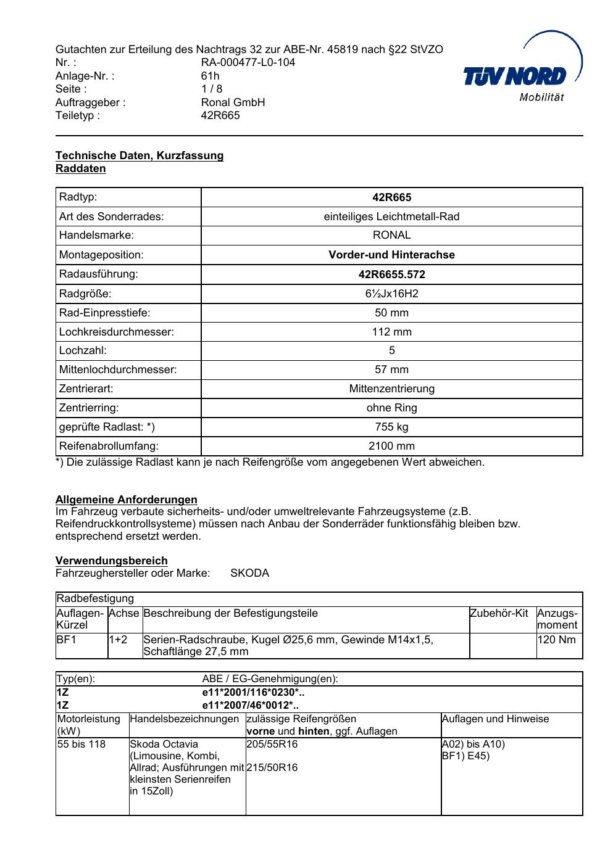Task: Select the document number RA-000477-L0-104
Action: coord(248,62)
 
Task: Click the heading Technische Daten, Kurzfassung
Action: coord(140,155)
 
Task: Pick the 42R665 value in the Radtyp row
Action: coord(391,198)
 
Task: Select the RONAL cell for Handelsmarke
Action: coord(391,236)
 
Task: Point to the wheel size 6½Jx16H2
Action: coord(391,294)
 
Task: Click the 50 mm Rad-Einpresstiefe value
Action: coord(391,313)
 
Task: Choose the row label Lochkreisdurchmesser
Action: coord(117,332)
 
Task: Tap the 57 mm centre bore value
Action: coord(391,370)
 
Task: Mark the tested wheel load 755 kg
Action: coord(391,427)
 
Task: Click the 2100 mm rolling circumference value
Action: coord(391,446)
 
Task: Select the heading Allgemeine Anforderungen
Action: coord(127,500)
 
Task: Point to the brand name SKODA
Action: coord(249,573)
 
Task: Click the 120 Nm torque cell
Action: coord(556,640)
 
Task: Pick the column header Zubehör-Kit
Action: coord(499,613)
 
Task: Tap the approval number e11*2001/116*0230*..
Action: coord(253,693)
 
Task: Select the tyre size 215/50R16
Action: coord(272,768)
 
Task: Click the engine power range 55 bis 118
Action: coord(81,744)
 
